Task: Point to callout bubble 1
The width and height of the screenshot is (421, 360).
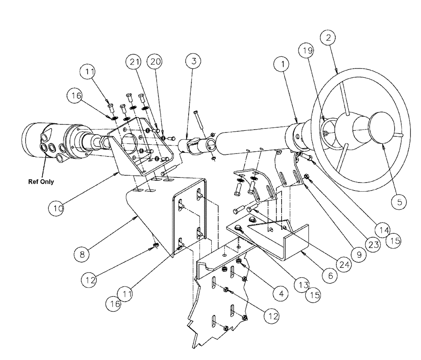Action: (282, 64)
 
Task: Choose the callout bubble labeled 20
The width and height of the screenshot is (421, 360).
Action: (155, 61)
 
